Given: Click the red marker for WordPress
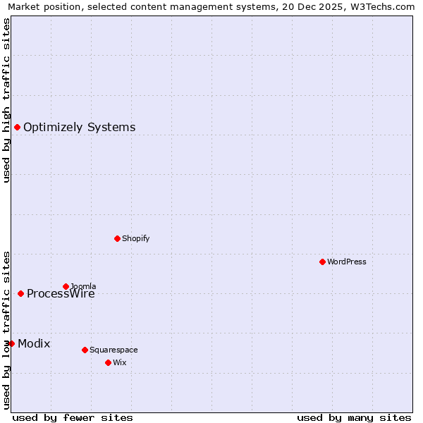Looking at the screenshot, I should coord(322,262).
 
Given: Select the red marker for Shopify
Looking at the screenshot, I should coord(117,238).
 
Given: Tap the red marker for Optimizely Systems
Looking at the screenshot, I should coord(17,127).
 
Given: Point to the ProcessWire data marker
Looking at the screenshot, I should coord(20,293).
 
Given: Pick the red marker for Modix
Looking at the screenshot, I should coord(11,343).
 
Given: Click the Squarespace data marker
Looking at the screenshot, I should coord(85,350).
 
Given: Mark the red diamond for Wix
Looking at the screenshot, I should coord(108,362).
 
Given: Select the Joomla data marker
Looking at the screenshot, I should coord(66,286).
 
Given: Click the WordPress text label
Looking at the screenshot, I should coord(346,262).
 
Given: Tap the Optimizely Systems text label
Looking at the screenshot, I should coord(79,128).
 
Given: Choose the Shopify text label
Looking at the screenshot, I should coord(135,239).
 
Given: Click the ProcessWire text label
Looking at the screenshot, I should coord(61,294).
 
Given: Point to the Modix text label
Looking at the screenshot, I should coord(34,344).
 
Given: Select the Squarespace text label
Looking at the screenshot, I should coord(114,350).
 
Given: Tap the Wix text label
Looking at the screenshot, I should coord(119,363).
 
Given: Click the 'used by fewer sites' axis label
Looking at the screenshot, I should coord(73,418).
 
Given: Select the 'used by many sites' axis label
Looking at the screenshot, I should coord(354,418).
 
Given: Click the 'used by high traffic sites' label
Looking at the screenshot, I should coord(6,100).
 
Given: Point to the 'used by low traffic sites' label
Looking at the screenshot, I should coord(6,330).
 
